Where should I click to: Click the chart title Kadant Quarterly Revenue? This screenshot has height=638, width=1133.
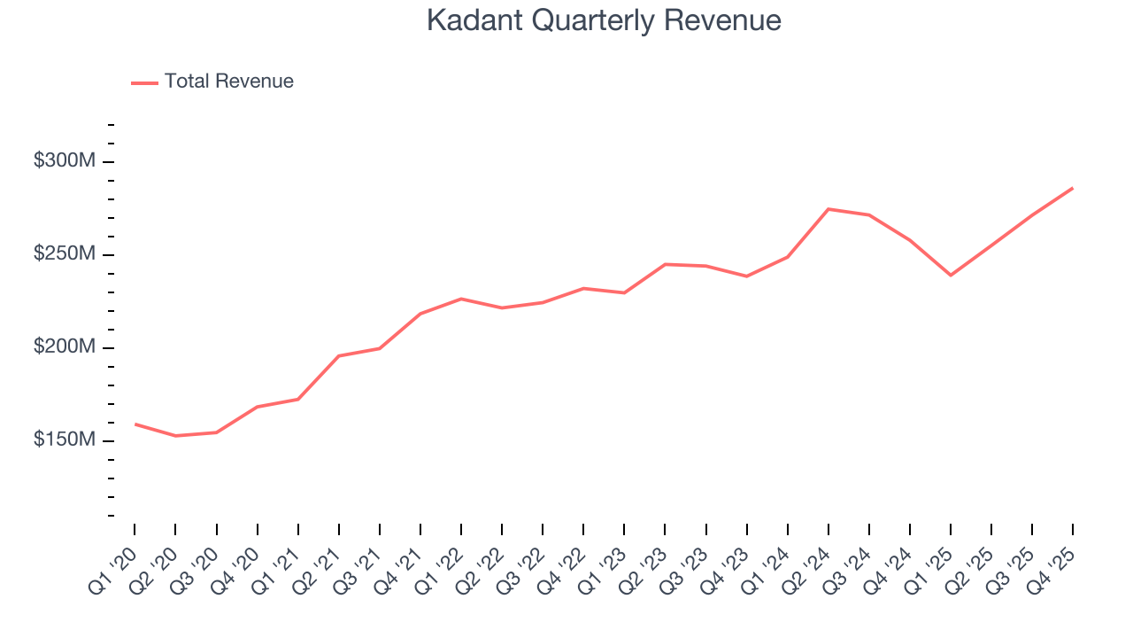(x=604, y=19)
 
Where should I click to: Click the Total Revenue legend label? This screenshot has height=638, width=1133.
(x=228, y=82)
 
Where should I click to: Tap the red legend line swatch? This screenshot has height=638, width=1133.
(x=144, y=82)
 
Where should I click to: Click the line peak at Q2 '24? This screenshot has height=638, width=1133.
(x=828, y=209)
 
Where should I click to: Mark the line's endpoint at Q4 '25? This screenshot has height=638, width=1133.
(x=1072, y=188)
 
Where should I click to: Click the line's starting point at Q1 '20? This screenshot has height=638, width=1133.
(x=135, y=424)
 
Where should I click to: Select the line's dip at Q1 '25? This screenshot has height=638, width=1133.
(x=951, y=275)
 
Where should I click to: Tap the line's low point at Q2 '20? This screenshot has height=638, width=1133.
(x=175, y=436)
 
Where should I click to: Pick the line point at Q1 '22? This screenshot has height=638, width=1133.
(x=461, y=299)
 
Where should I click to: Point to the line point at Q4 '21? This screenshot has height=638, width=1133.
(x=420, y=314)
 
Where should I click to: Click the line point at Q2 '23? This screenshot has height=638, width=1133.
(x=665, y=264)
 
